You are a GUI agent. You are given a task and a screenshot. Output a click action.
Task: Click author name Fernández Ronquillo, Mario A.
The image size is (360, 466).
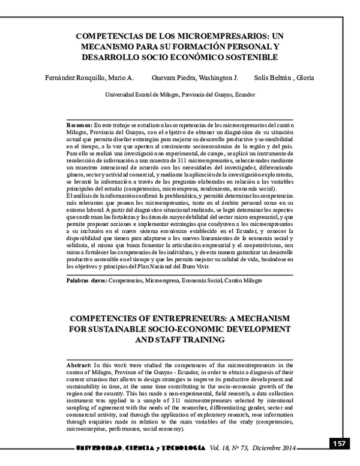[89, 77]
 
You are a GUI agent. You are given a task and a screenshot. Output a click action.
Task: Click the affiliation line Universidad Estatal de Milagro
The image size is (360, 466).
[180, 95]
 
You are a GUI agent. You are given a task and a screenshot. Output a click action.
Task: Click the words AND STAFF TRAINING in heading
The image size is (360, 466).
[179, 339]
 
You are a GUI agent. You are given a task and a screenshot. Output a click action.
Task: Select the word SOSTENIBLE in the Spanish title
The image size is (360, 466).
[251, 58]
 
